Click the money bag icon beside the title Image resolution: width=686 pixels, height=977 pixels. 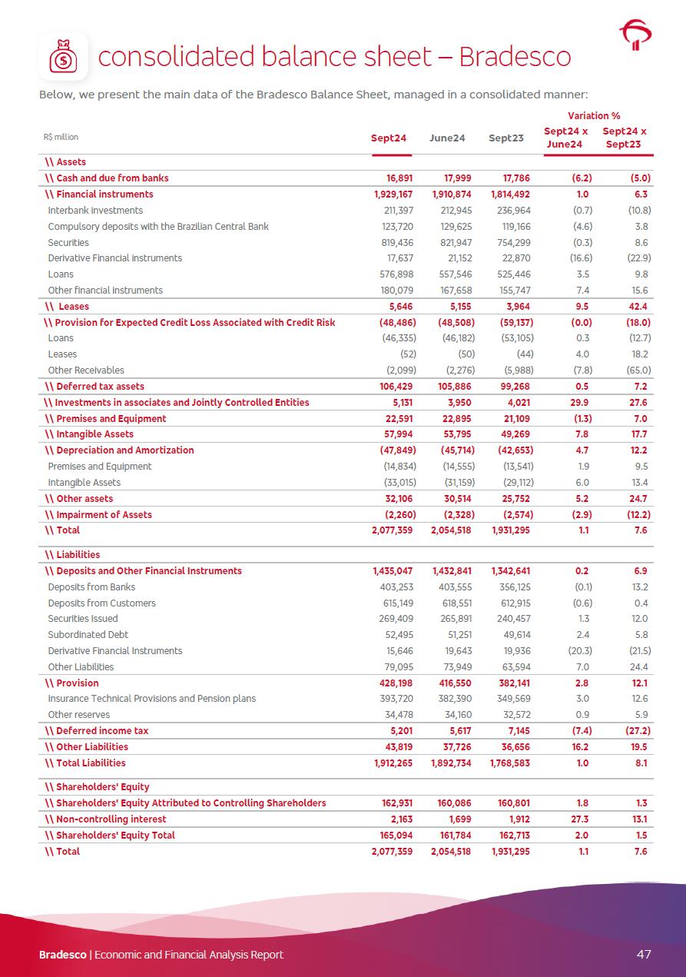(63, 57)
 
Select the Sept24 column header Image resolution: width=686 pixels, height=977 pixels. (389, 138)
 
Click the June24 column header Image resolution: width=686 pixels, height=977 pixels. (447, 138)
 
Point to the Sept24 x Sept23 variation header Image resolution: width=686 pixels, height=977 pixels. (624, 138)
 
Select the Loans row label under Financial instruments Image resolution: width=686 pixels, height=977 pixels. (61, 274)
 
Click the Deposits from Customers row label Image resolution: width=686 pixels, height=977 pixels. (101, 603)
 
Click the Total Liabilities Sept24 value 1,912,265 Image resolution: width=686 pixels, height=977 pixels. (393, 763)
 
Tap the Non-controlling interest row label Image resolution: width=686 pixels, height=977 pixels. (111, 819)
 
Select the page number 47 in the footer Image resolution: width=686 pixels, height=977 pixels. (644, 954)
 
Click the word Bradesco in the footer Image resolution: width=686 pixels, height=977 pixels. (63, 955)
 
